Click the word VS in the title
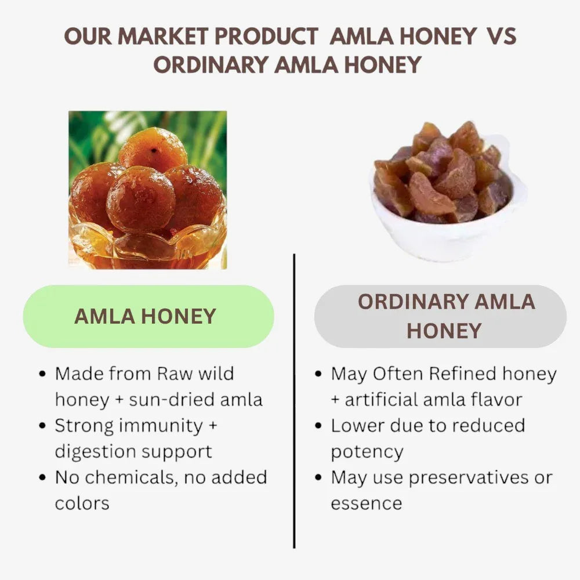coord(502,37)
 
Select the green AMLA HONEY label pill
coord(148,316)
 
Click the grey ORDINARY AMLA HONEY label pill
coord(440,316)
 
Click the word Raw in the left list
coord(175,374)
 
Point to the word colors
coord(82,503)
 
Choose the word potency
coord(367,452)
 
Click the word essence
coord(366,503)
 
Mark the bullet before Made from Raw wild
coord(42,374)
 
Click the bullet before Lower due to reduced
coord(318,426)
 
